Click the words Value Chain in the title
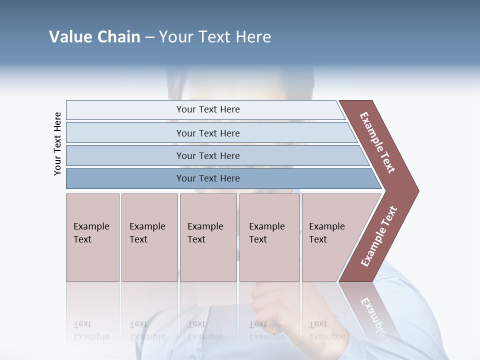coord(94,37)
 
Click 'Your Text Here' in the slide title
coord(215,37)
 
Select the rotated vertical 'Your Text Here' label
coord(57,143)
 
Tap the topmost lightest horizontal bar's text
coord(208,109)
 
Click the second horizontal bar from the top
coord(208,133)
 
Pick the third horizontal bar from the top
coord(208,155)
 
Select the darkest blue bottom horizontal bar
coord(208,178)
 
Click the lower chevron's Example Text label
coord(379,236)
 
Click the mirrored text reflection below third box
coord(205,330)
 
